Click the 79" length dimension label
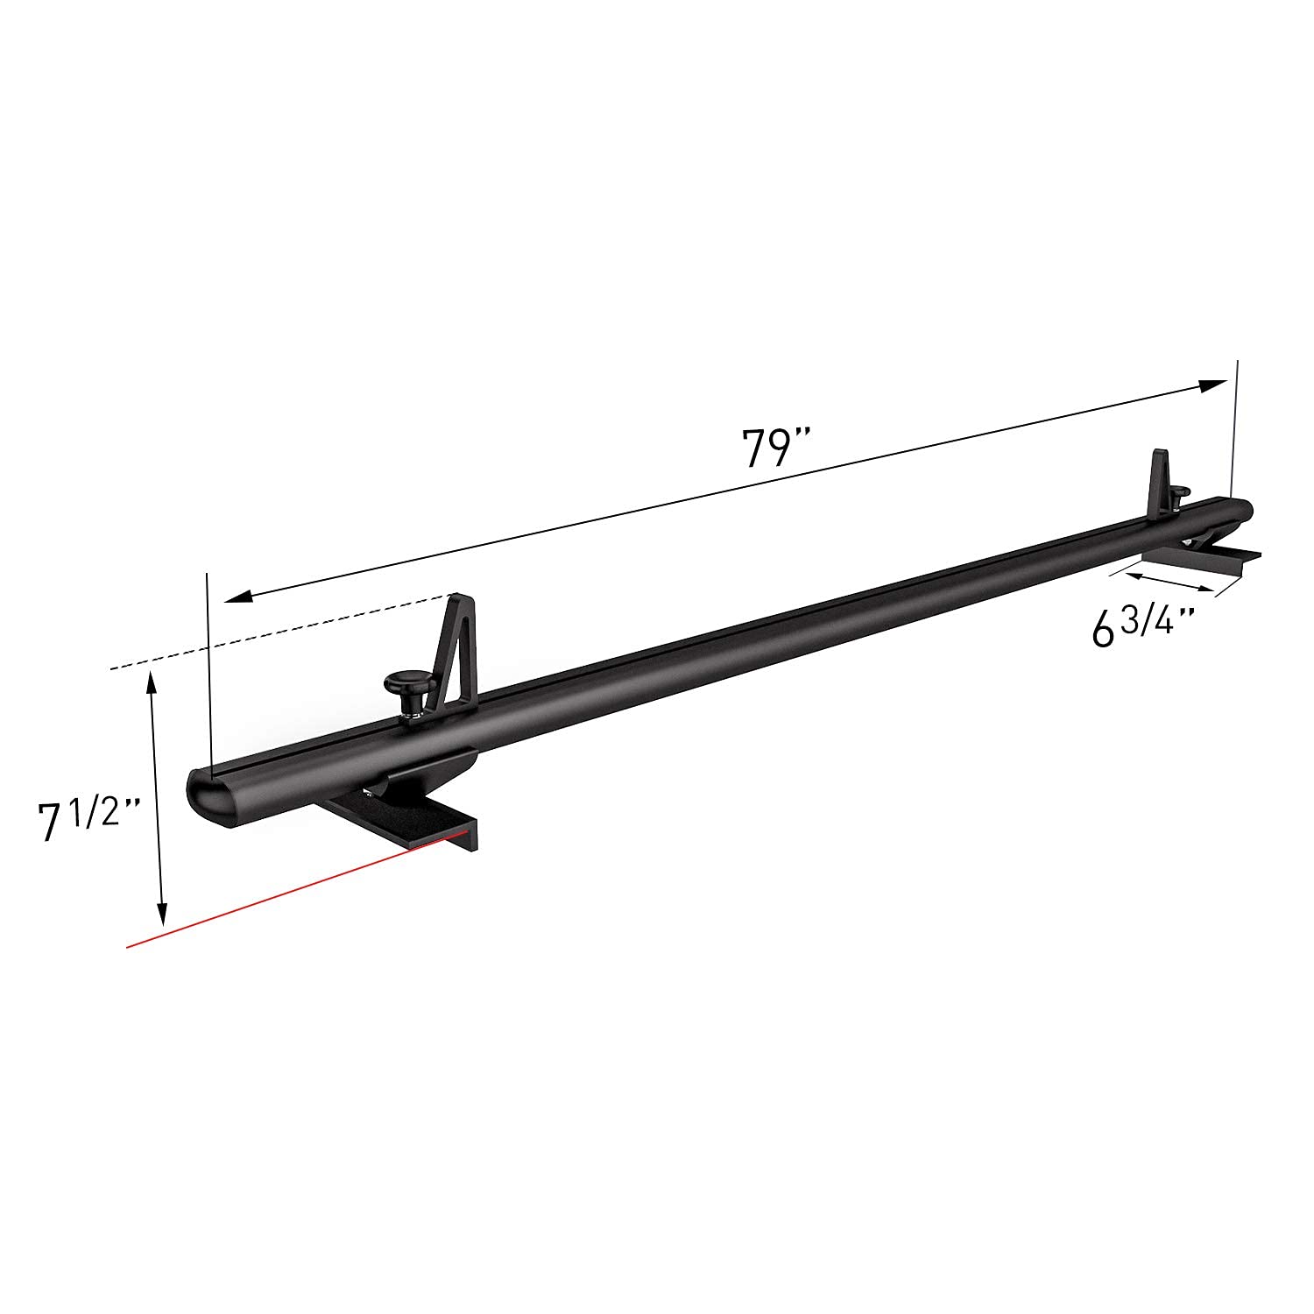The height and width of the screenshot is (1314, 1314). (x=775, y=448)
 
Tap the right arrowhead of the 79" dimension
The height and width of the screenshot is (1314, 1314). (x=1213, y=385)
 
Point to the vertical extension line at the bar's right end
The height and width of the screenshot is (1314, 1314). (x=1235, y=429)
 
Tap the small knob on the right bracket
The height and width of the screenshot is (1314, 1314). (x=1179, y=496)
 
